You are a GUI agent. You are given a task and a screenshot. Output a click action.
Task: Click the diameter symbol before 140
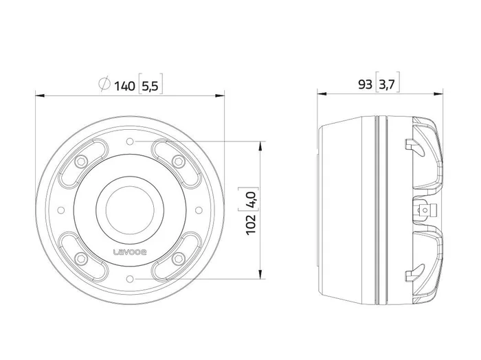(104, 84)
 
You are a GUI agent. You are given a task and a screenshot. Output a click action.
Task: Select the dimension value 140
(124, 86)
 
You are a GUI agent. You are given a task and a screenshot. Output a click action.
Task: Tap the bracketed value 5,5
(150, 86)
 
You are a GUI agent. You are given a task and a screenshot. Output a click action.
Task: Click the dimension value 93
(365, 85)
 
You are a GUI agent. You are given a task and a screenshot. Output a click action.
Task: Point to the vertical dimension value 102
(251, 225)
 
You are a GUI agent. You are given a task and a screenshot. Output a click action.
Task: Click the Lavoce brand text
(130, 252)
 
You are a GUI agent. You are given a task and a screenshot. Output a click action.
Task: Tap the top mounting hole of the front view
(130, 142)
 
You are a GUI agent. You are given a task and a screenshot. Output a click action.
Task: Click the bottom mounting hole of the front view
(130, 279)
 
